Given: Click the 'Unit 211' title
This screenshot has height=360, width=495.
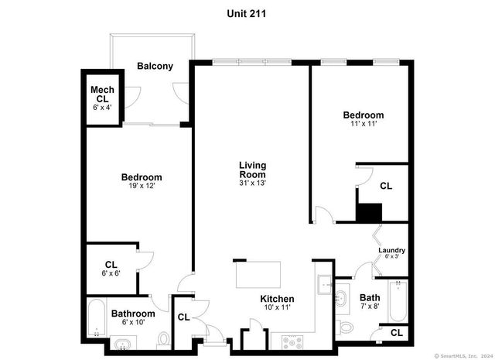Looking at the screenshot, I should (247, 13).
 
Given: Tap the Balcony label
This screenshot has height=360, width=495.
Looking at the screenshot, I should (155, 66).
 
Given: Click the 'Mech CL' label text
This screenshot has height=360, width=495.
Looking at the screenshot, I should (103, 94).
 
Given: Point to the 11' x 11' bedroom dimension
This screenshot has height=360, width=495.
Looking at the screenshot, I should (363, 124).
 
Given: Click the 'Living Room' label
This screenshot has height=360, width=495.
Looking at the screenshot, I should (254, 170).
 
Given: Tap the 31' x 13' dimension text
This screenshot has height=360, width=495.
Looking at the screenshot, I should (254, 183).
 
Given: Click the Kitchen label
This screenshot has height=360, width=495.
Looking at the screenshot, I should (276, 299).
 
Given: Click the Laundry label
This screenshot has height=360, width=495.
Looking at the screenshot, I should (391, 250).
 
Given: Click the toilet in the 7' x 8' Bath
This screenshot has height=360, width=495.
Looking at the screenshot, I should (346, 326).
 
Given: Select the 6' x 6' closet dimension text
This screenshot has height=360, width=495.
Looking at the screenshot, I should (111, 273).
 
